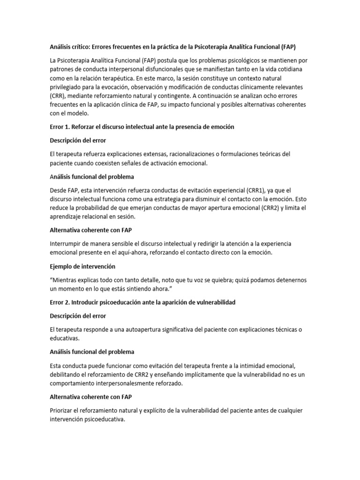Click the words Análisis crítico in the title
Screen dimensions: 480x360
coord(69,47)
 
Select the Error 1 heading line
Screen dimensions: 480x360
coord(142,127)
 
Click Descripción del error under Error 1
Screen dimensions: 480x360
coord(78,140)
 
